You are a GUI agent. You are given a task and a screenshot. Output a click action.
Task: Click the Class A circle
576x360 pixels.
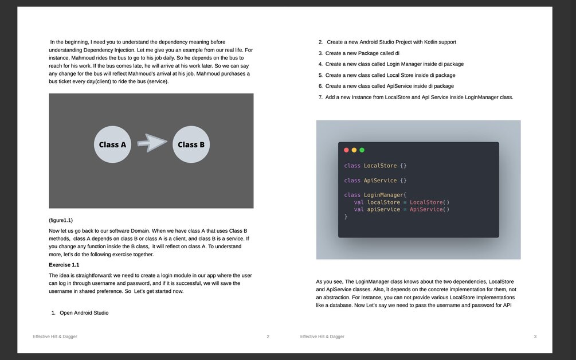[112, 144]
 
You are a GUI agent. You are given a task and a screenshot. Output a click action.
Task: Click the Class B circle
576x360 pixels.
[191, 144]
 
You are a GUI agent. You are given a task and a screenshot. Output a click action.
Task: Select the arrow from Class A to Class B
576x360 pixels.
[152, 143]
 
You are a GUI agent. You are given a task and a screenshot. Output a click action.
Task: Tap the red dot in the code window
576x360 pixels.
[346, 150]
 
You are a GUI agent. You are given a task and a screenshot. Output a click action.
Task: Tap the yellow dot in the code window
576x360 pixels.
[354, 150]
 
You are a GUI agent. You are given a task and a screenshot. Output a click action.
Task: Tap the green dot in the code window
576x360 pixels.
[362, 150]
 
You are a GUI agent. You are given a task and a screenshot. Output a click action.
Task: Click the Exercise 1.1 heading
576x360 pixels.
[64, 265]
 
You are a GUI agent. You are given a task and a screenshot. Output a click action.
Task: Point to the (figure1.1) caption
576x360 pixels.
[61, 220]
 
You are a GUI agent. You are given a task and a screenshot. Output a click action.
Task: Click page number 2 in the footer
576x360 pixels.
[268, 336]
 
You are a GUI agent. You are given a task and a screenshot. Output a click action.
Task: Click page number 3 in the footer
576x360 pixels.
[535, 336]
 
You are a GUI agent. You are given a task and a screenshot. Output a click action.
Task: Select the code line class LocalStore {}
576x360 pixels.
[375, 166]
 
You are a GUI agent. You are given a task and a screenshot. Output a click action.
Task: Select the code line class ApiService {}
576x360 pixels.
[375, 181]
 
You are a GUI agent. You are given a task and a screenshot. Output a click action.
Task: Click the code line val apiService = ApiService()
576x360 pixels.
[402, 209]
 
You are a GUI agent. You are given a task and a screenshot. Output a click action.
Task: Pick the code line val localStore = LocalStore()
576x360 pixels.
[402, 202]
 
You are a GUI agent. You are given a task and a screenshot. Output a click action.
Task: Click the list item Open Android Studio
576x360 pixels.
[84, 313]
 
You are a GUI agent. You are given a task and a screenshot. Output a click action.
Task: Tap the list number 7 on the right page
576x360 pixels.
[321, 97]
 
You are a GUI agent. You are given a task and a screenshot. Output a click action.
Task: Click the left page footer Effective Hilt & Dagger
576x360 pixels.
[55, 336]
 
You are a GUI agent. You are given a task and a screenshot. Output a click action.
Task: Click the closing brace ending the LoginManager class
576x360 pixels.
[346, 217]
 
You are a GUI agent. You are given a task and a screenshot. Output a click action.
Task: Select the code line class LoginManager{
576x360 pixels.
[375, 195]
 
